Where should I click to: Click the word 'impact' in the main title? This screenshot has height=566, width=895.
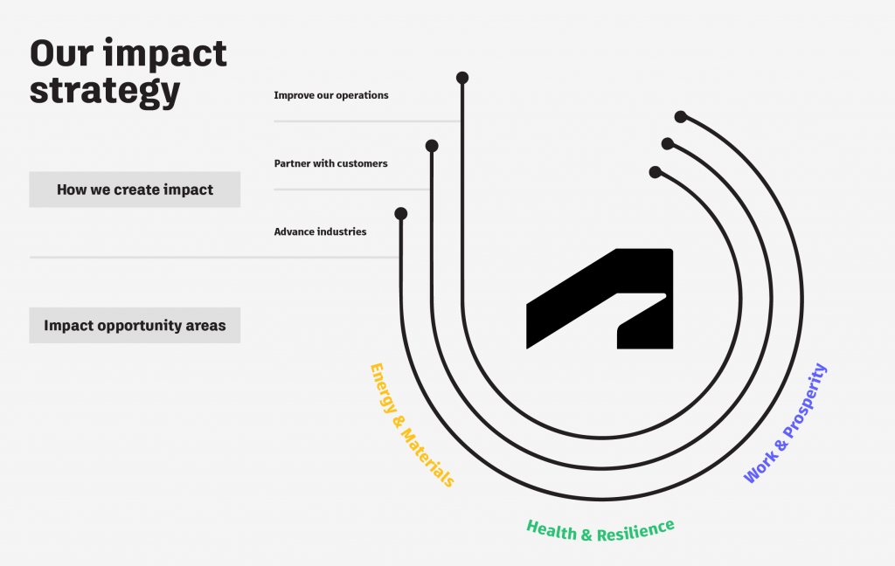[165, 55]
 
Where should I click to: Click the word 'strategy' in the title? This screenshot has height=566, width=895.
[105, 92]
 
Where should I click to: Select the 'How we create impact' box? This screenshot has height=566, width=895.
[135, 190]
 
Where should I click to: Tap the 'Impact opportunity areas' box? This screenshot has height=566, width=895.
[135, 325]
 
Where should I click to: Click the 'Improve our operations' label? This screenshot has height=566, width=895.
[331, 95]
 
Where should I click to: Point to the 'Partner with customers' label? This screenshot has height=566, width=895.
[330, 163]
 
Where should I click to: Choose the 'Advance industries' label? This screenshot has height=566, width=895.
[320, 231]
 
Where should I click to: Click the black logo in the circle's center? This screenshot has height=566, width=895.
[600, 299]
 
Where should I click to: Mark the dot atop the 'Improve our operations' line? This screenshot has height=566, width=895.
[462, 78]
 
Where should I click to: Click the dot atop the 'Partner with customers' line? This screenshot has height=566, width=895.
[432, 146]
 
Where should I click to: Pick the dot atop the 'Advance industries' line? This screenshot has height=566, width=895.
[400, 213]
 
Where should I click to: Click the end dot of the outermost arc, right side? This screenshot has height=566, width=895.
[680, 117]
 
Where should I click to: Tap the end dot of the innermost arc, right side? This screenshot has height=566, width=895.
[656, 172]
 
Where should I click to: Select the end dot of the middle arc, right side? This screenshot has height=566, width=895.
[667, 144]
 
